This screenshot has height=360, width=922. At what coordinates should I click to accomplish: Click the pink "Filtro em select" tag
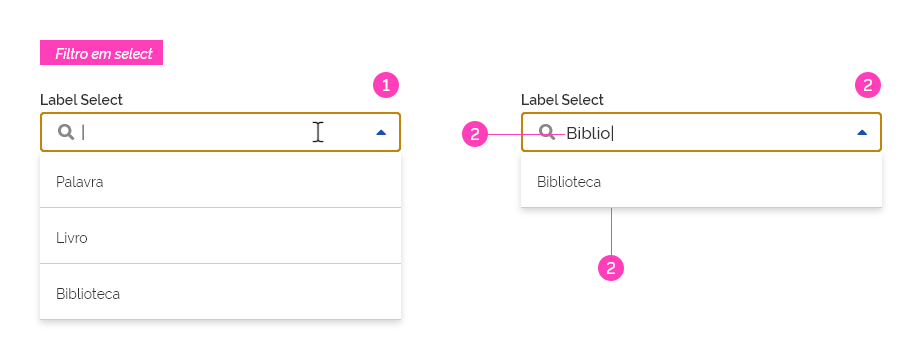tap(101, 53)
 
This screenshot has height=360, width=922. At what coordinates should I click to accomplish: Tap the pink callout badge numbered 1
tap(386, 85)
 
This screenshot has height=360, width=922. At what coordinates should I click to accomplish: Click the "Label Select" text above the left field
tap(81, 100)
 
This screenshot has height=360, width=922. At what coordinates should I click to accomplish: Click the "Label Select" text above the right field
tap(562, 100)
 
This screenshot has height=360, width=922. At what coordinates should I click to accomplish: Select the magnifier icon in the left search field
tap(66, 132)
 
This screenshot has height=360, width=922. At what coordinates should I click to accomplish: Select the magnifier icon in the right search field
tap(547, 132)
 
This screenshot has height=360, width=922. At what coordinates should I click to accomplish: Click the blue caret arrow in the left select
tap(381, 132)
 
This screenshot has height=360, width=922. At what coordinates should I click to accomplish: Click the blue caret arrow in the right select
tap(862, 132)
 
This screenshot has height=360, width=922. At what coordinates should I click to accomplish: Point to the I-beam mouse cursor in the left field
tap(317, 132)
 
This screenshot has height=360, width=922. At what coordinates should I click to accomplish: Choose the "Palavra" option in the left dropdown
tap(80, 182)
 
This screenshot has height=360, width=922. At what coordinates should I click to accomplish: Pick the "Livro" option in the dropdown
tap(72, 238)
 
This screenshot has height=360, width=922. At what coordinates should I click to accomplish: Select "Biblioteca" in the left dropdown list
tap(88, 294)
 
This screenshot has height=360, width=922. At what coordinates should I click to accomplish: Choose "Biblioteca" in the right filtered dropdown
tap(569, 182)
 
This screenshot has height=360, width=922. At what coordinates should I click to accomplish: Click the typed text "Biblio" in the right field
tap(588, 132)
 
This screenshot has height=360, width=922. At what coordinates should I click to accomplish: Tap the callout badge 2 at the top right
tap(868, 85)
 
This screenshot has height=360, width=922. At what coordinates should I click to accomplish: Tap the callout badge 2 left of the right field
tap(475, 133)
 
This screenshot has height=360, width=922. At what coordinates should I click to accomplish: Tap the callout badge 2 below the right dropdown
tap(611, 267)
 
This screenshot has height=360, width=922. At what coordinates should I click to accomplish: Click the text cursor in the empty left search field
tap(83, 132)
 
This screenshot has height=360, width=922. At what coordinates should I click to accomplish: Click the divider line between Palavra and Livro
tap(220, 208)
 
